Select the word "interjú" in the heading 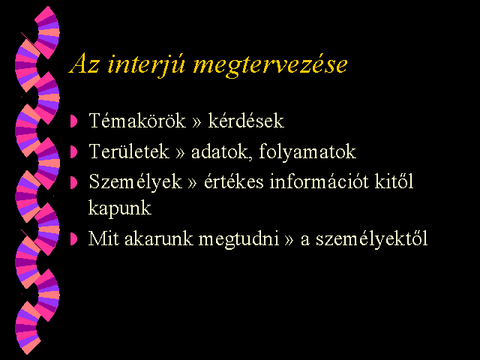(x=146, y=65)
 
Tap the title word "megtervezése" (x=270, y=66)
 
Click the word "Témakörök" (x=137, y=120)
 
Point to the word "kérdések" (x=246, y=120)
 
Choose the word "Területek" (x=129, y=151)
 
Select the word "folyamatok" (x=307, y=151)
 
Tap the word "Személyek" (x=135, y=181)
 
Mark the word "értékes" (x=233, y=181)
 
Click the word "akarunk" (x=159, y=238)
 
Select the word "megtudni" (x=238, y=239)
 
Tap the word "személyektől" (x=372, y=238)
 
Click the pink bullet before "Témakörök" (x=73, y=121)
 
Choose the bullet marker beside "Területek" (x=73, y=151)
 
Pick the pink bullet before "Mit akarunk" (x=73, y=238)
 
